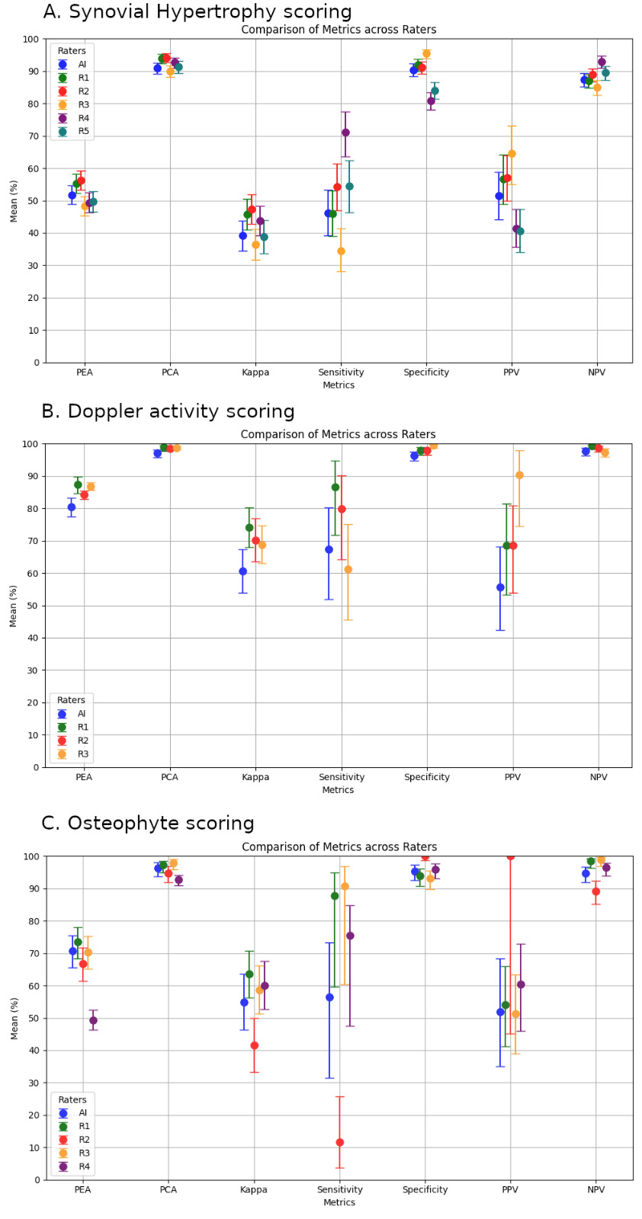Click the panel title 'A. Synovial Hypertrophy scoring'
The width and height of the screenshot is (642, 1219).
click(197, 12)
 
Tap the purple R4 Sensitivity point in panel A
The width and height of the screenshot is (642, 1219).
click(345, 133)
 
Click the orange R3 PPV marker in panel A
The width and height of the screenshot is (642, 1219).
click(512, 154)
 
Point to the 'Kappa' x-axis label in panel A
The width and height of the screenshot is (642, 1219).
click(255, 373)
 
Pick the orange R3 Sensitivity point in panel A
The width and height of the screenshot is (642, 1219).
click(341, 251)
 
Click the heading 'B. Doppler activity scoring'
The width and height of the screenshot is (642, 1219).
click(168, 411)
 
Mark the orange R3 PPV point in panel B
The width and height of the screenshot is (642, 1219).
click(519, 475)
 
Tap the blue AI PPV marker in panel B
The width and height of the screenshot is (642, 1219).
click(500, 587)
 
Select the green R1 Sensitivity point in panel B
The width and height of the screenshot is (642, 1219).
click(335, 487)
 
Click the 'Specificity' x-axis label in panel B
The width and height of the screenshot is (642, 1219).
click(427, 777)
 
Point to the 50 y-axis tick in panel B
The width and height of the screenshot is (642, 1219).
click(34, 606)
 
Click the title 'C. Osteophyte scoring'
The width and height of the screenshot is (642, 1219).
click(148, 824)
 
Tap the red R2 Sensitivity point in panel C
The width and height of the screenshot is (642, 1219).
click(339, 1142)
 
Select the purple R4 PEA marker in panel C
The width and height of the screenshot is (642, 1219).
click(93, 1020)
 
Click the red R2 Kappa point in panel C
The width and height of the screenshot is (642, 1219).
click(254, 1045)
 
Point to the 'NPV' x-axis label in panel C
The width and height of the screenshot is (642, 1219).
click(596, 1189)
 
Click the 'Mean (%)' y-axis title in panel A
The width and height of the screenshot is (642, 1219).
click(14, 201)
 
